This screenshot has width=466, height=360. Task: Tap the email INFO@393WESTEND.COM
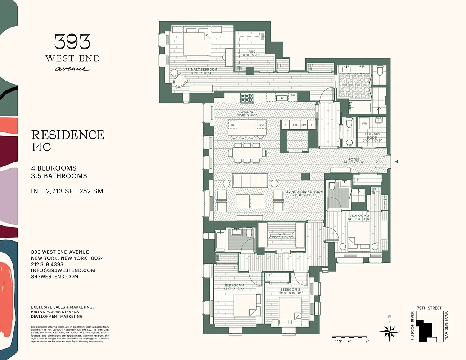coord(63,270)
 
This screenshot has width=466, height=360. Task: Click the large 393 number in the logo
coord(72,42)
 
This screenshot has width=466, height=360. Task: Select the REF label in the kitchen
coord(295,125)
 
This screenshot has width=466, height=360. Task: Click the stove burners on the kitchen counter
coord(247,98)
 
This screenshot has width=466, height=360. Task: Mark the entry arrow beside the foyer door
coord(396,161)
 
